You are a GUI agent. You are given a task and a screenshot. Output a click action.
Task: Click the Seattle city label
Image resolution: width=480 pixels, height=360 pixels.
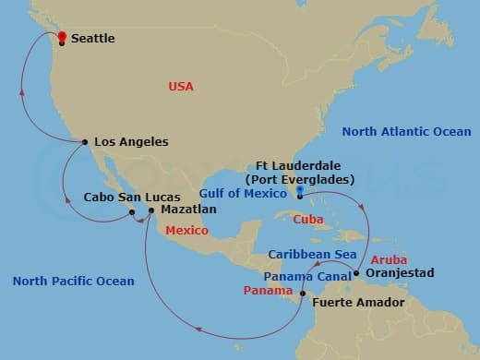92,39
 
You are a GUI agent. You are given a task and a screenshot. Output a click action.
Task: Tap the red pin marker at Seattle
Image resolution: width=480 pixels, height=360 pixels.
62,38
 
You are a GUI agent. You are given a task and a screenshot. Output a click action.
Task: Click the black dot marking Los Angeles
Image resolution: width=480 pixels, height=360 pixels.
85,142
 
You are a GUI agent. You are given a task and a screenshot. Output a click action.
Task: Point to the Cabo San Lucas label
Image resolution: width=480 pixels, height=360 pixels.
126,197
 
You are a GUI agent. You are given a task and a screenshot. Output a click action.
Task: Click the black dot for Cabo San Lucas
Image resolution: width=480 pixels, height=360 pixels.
132,211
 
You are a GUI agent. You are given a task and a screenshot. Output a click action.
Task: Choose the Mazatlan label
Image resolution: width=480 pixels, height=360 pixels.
188,210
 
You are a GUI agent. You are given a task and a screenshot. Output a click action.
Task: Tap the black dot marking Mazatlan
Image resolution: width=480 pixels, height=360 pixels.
151,211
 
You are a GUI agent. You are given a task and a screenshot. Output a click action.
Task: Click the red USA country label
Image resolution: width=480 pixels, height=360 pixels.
181,86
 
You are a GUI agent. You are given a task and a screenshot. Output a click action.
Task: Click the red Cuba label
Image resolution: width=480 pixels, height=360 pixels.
307,220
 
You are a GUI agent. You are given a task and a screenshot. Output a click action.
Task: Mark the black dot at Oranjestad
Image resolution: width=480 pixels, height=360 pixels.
356,273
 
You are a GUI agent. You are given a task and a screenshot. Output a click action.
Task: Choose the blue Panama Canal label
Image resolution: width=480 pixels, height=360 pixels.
302,275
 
